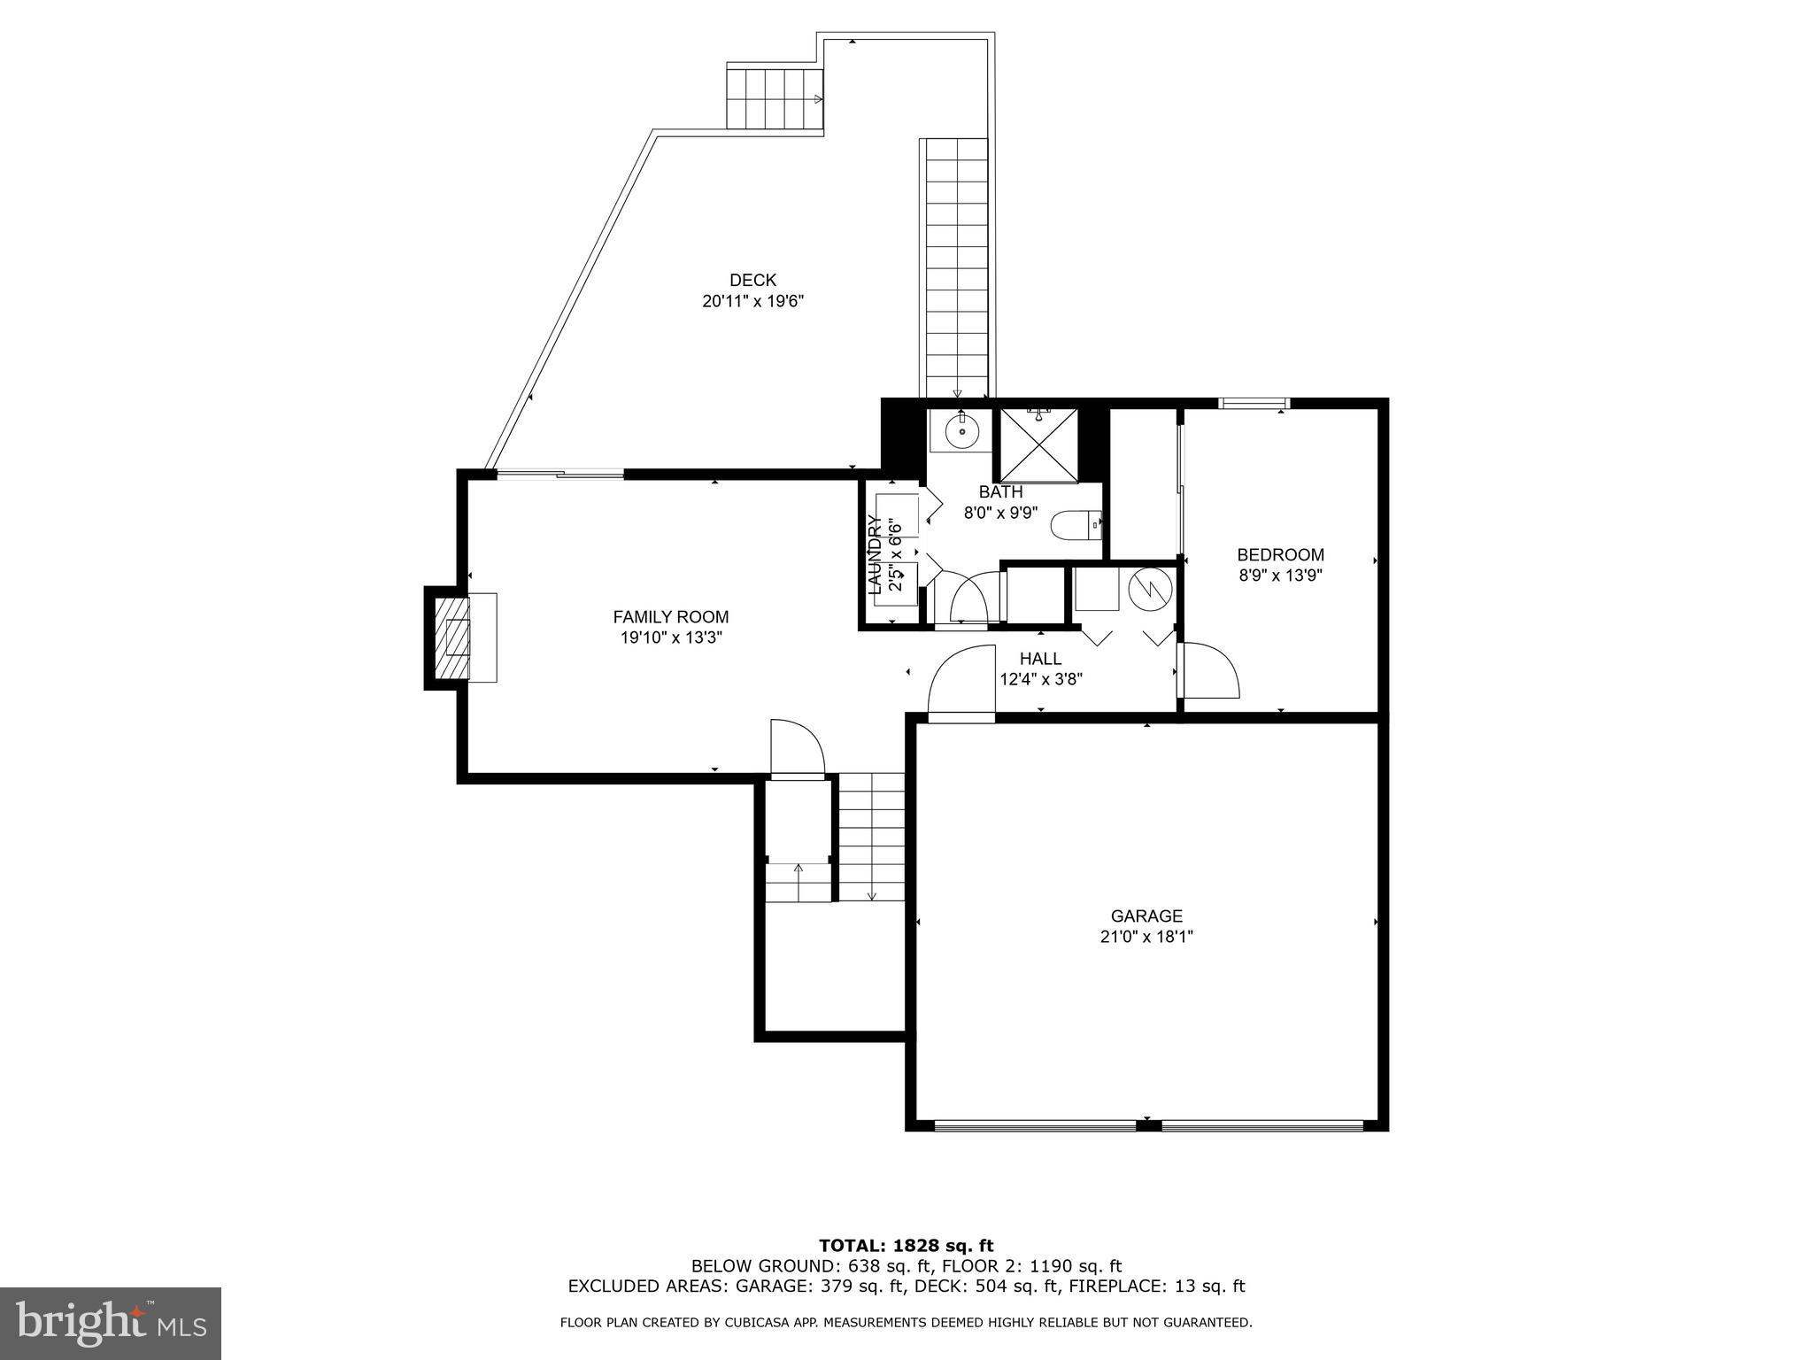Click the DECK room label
click(752, 281)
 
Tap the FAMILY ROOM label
click(671, 617)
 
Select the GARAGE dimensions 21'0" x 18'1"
click(1146, 937)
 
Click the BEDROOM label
click(1280, 555)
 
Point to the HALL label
click(1040, 659)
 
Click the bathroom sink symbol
click(961, 432)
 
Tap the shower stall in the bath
click(1038, 444)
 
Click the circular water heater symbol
click(1151, 587)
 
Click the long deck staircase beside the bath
click(956, 266)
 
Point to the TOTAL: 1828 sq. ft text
click(906, 1247)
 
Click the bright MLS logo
click(111, 1324)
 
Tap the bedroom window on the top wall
click(1254, 404)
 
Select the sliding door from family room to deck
click(559, 475)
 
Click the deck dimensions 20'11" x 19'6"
click(752, 301)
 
